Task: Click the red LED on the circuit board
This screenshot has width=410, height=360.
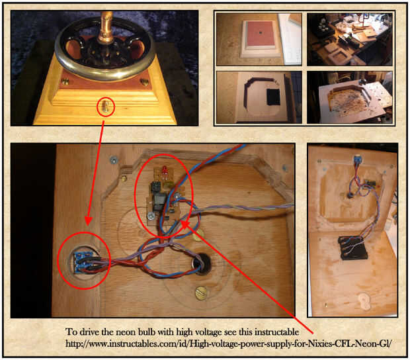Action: tap(165, 171)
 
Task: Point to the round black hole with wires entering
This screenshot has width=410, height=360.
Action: tap(202, 264)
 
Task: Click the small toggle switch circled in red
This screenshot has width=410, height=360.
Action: tap(106, 107)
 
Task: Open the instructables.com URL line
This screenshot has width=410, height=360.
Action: tap(228, 343)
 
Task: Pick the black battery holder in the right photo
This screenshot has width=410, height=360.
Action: tap(352, 247)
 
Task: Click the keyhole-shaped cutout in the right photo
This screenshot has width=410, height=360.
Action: tap(364, 301)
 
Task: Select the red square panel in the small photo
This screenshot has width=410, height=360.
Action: tap(260, 33)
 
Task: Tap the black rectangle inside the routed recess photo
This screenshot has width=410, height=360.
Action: tap(274, 97)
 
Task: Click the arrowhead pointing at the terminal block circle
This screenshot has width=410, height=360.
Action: tap(89, 220)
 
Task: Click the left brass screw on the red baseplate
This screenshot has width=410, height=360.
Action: tap(65, 81)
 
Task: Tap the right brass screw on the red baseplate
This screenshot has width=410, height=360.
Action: tap(144, 82)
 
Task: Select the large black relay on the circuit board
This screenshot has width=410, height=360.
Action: tap(159, 201)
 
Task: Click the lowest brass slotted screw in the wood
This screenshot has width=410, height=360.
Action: tap(201, 293)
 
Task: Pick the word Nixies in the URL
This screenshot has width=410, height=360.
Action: tap(319, 343)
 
